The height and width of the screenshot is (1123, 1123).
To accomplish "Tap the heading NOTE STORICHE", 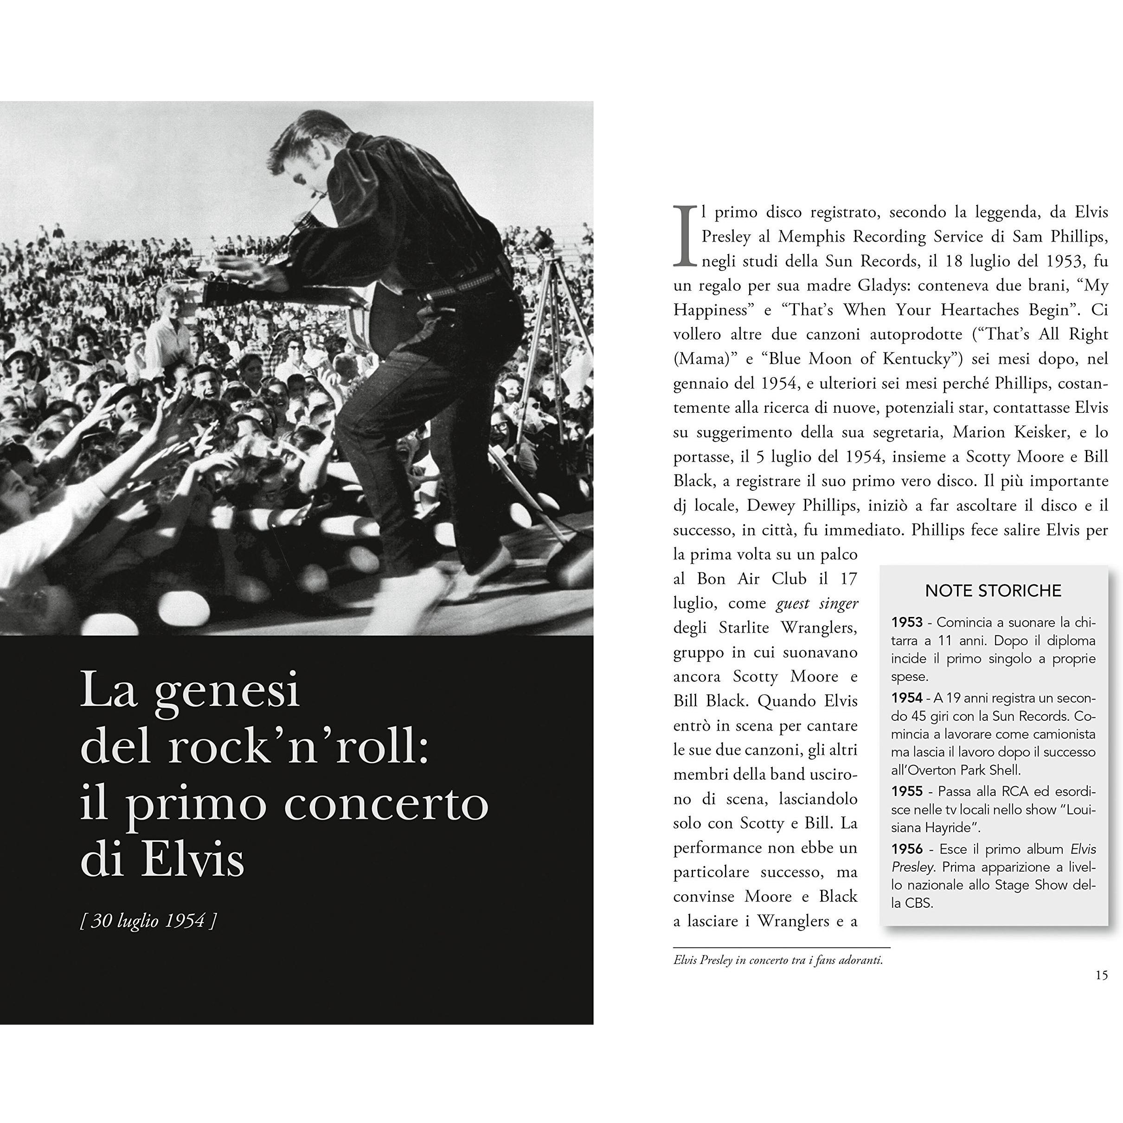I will coord(993,590).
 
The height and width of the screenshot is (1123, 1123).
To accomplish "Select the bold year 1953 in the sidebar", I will coord(907,622).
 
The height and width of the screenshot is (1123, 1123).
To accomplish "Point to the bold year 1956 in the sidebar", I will coord(907,849).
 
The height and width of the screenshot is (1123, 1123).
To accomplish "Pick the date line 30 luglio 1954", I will coord(148,920).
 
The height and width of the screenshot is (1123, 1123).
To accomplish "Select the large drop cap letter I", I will coord(685,236).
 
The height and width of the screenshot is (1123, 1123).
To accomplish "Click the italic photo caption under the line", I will coord(778,960).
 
